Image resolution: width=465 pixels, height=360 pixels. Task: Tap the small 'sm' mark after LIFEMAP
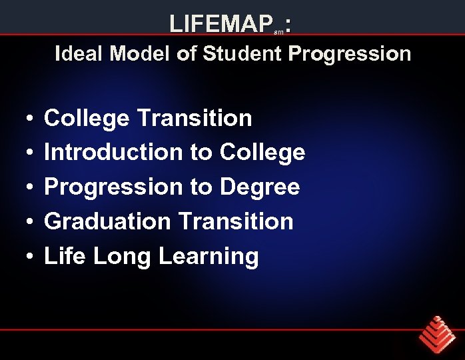coord(280,31)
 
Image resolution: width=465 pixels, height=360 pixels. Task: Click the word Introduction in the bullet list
coord(113,153)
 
